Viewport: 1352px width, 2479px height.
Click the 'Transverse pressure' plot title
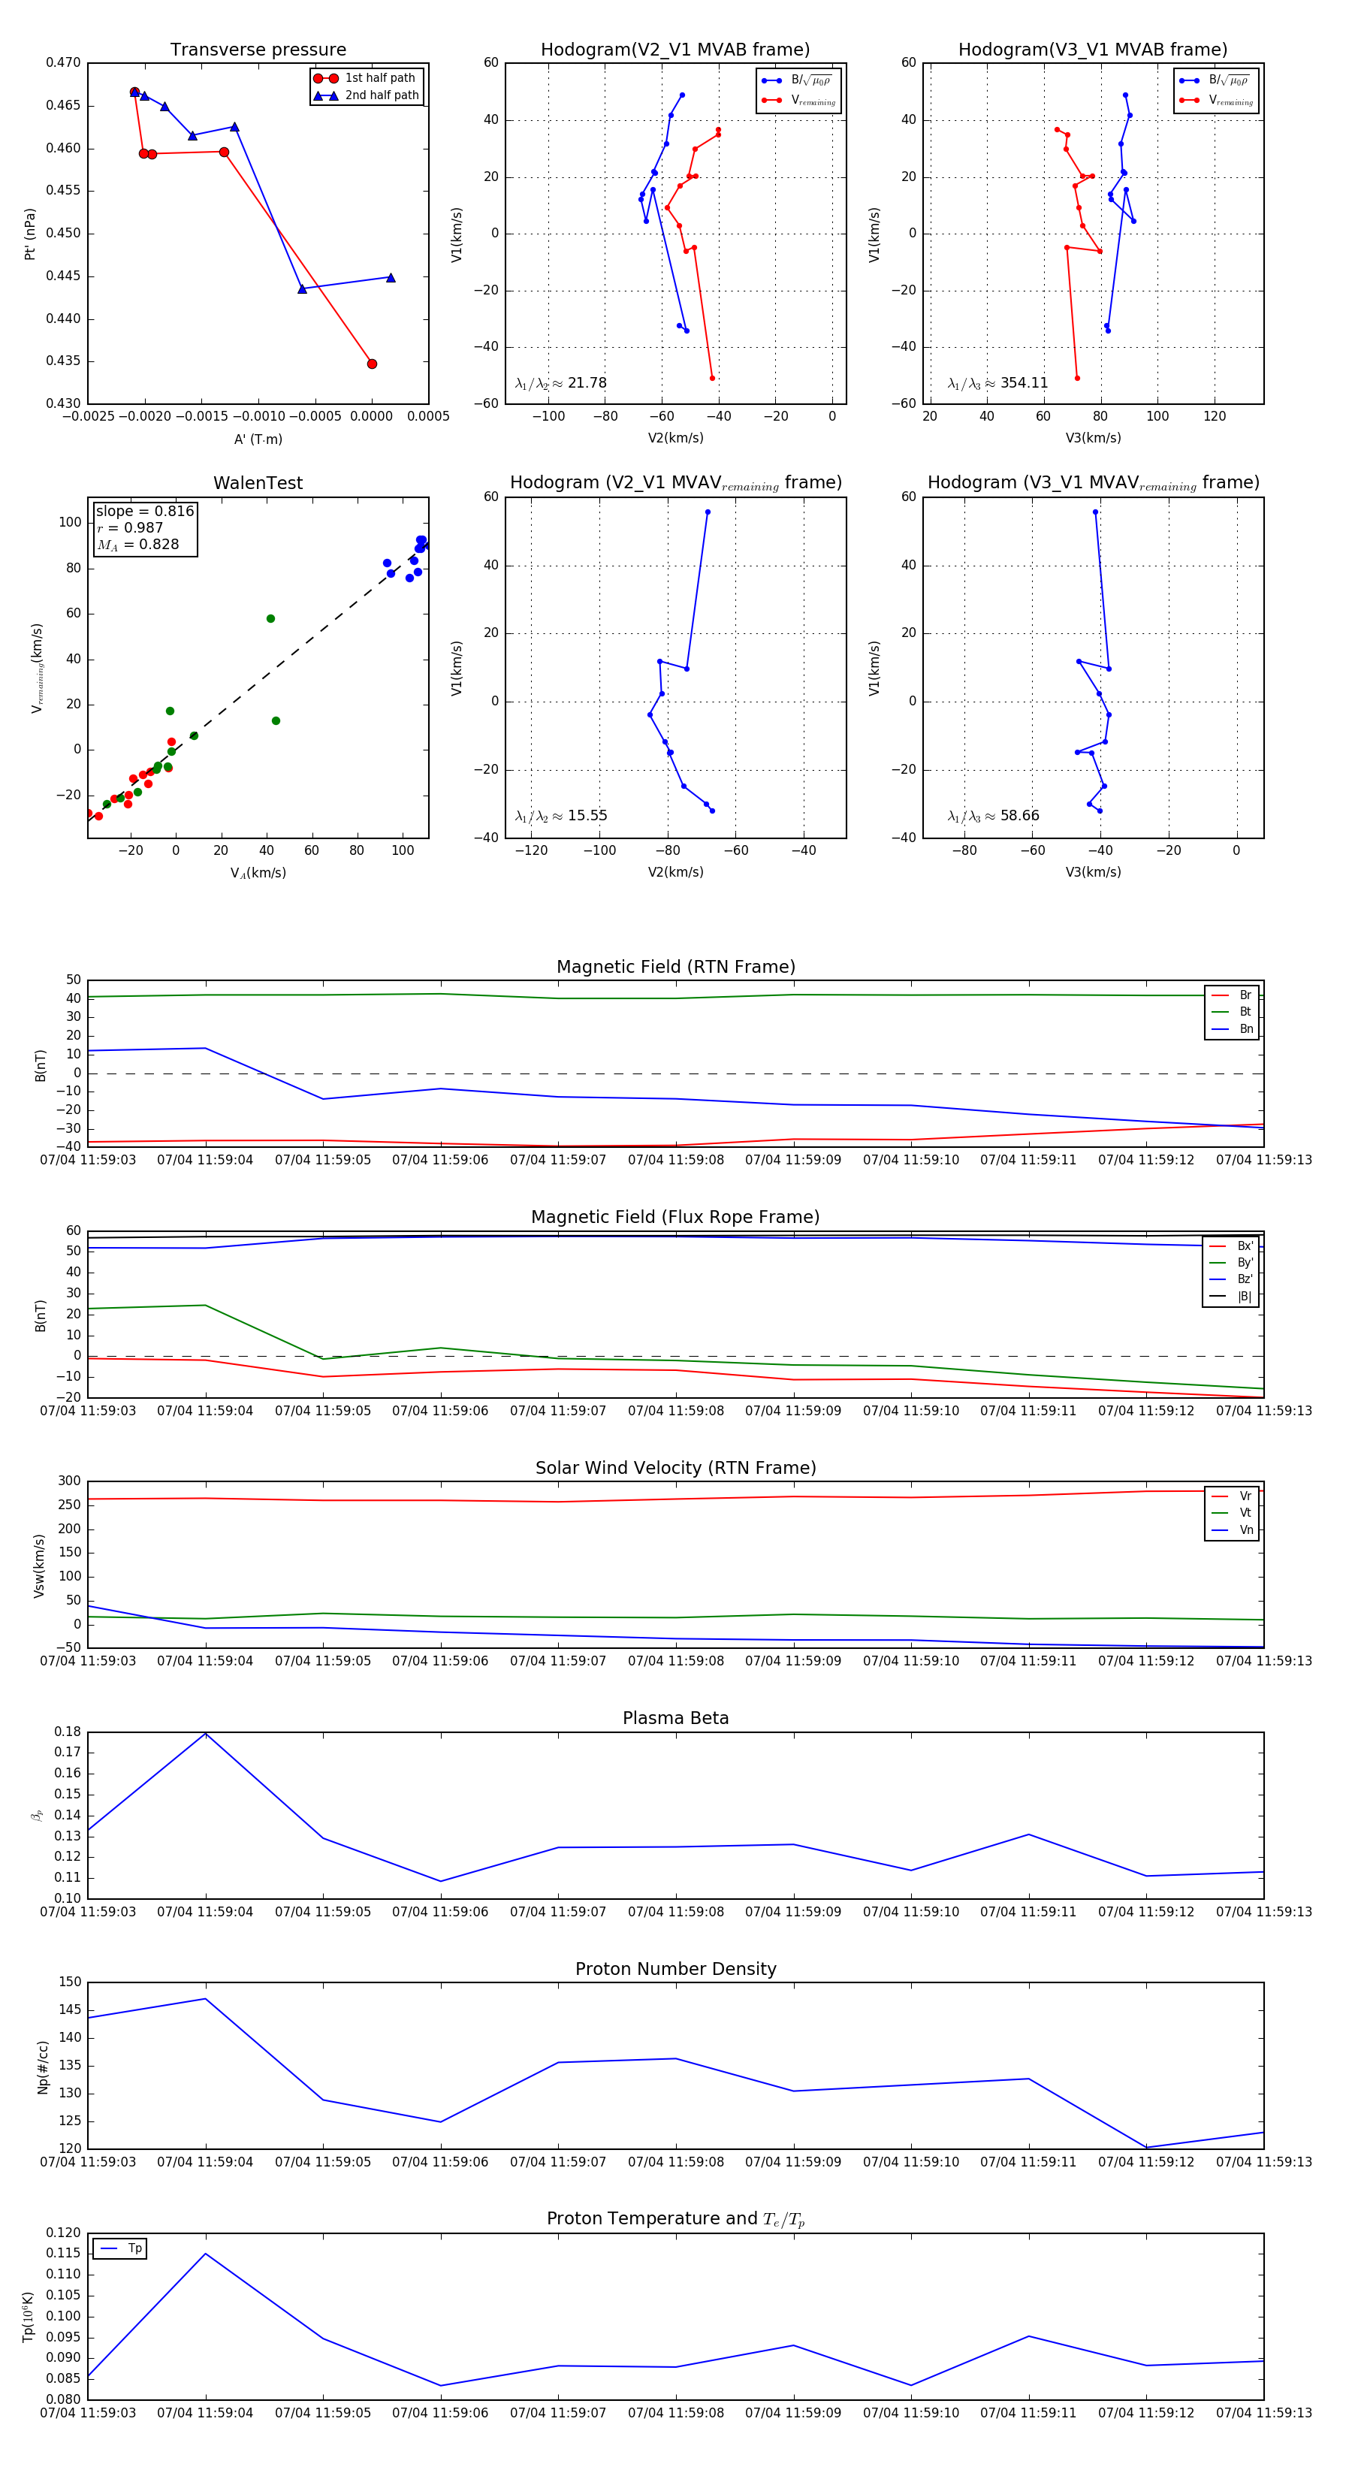(258, 50)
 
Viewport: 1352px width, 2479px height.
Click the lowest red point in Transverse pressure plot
(372, 364)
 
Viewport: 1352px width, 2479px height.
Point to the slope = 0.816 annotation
(144, 511)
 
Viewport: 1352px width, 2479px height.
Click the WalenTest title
(258, 483)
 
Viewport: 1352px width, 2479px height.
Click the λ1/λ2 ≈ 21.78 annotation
(561, 383)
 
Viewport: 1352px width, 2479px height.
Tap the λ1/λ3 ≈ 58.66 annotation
(993, 816)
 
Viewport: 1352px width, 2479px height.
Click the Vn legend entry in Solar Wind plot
(1245, 1530)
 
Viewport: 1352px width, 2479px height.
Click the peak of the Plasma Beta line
(205, 1733)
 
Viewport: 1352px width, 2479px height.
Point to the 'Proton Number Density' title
(675, 1969)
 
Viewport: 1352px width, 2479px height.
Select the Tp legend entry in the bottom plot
(134, 2248)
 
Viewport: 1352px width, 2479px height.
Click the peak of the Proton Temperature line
(205, 2254)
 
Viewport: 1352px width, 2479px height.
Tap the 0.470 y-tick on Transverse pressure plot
(64, 62)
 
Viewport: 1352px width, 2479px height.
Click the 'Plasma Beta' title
(675, 1718)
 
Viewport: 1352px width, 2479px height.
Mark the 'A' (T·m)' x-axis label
(258, 439)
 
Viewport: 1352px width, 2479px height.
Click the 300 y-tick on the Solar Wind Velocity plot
(69, 1481)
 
